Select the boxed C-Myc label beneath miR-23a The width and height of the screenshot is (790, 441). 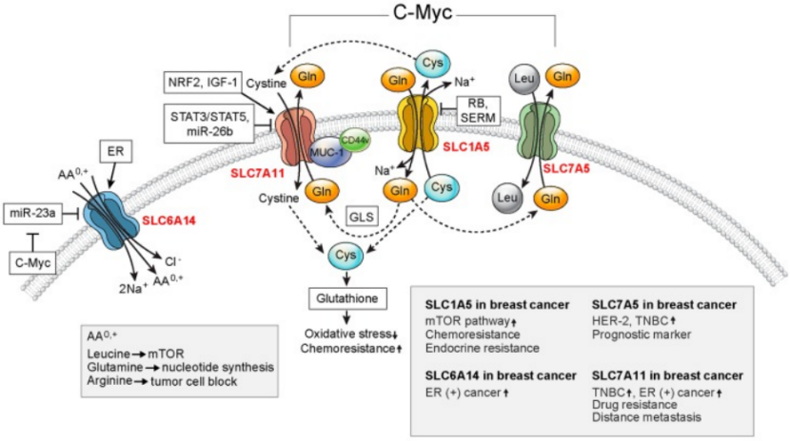(34, 260)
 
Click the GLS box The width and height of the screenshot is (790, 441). (359, 218)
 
